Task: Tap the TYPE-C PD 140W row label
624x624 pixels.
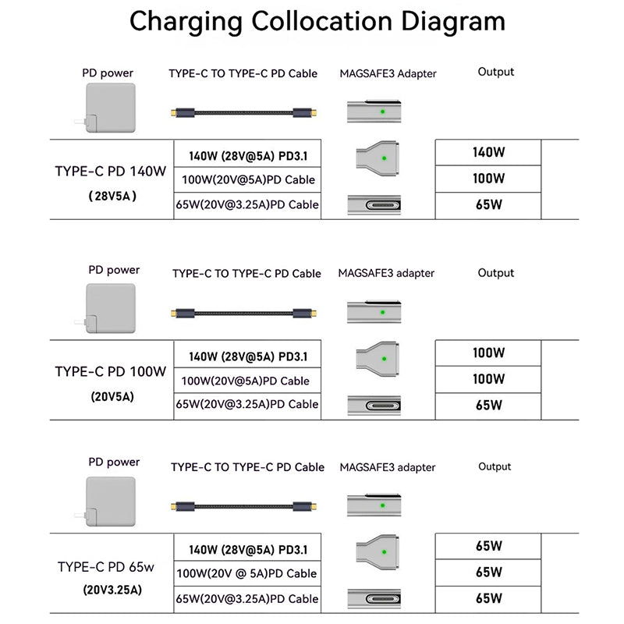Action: (x=111, y=171)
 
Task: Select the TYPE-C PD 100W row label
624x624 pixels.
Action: (x=111, y=371)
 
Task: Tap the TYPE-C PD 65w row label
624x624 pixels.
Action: (x=111, y=567)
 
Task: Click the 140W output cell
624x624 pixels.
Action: (x=488, y=152)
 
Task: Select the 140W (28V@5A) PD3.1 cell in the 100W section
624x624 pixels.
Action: (x=248, y=357)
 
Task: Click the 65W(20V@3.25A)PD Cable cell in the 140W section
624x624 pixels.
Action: (x=248, y=205)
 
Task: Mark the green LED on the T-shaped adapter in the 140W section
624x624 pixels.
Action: (x=384, y=158)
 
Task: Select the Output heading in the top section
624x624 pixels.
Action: (x=496, y=72)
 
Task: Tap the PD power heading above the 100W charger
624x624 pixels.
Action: (x=114, y=270)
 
